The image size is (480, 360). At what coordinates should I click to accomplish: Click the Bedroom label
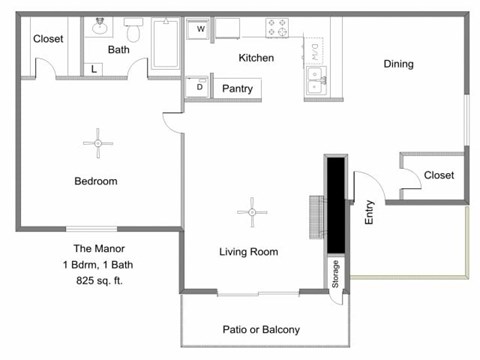(96, 181)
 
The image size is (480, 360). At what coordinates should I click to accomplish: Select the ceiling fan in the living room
(249, 211)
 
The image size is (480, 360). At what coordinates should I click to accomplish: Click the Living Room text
(248, 252)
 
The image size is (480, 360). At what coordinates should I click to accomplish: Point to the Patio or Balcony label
(260, 329)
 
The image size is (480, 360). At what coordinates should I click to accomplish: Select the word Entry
(369, 213)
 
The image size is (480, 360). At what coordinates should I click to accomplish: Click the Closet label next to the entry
(438, 175)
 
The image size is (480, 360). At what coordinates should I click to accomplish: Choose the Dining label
(398, 65)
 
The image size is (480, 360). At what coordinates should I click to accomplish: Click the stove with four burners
(277, 27)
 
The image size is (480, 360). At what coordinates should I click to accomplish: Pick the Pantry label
(238, 89)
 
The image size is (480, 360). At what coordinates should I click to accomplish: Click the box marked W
(201, 29)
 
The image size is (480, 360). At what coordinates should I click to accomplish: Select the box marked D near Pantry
(199, 88)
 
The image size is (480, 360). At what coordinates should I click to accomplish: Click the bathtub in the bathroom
(166, 42)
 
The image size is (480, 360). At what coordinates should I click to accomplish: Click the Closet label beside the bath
(49, 39)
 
